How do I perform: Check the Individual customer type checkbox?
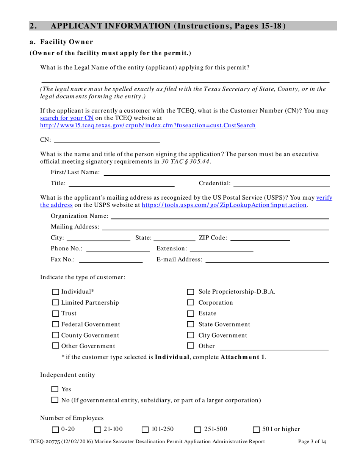click(x=55, y=292)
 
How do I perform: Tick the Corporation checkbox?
click(x=191, y=303)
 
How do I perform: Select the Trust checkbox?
click(x=55, y=313)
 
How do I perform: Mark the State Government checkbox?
click(x=191, y=325)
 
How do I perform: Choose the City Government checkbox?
click(x=191, y=335)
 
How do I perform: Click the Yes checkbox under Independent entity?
click(x=55, y=389)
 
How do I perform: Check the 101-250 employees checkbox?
click(x=145, y=429)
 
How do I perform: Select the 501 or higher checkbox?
click(x=257, y=429)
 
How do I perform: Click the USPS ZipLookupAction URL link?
click(x=224, y=205)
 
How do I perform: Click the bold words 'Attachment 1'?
click(x=243, y=357)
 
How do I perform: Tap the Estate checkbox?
click(x=191, y=314)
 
